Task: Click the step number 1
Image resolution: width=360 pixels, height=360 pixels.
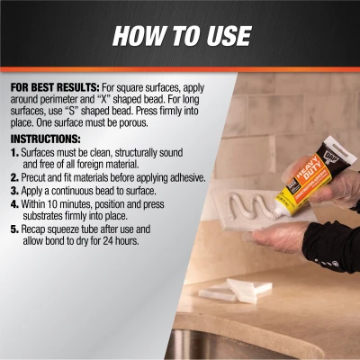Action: tap(14, 155)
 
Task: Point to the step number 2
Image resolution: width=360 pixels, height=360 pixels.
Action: tap(14, 178)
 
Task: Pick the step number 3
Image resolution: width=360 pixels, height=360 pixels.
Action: tap(14, 191)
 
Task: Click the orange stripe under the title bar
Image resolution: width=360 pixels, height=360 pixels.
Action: tap(180, 69)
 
